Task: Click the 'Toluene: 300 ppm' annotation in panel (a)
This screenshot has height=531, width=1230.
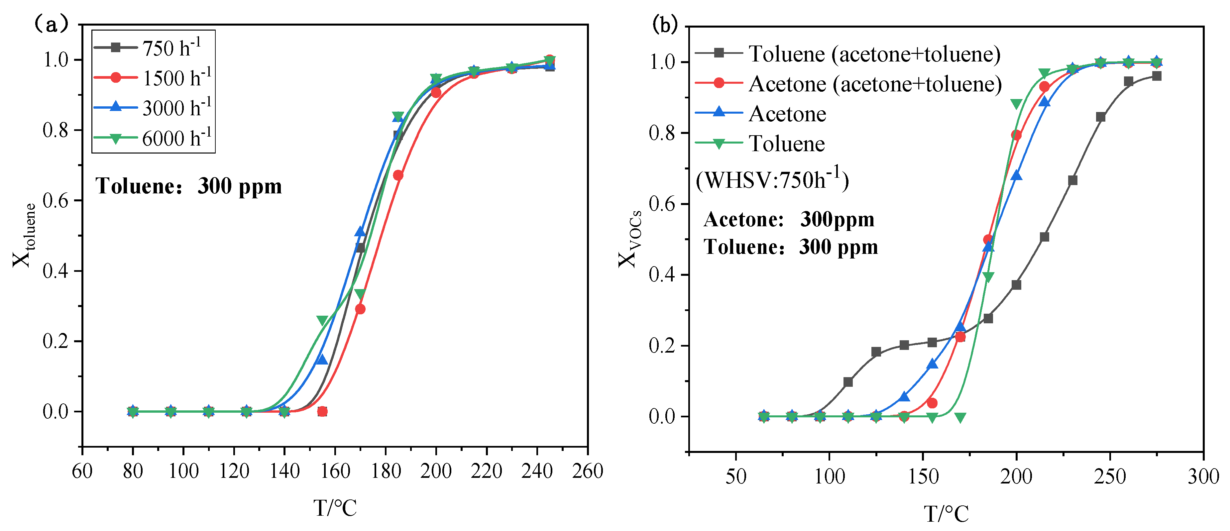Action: click(189, 186)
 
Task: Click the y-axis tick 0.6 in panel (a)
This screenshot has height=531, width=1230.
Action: click(56, 201)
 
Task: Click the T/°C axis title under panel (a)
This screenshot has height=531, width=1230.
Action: click(335, 508)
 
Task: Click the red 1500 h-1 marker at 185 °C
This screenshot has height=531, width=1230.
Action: click(398, 175)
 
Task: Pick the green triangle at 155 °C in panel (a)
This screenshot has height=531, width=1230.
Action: click(322, 320)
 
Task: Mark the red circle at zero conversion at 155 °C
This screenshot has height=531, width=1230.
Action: click(322, 411)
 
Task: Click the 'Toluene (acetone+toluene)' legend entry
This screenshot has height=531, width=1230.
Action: click(847, 53)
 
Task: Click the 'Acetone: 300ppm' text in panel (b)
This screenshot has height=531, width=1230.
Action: click(789, 220)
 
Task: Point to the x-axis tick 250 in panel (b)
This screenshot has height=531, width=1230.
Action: click(1110, 477)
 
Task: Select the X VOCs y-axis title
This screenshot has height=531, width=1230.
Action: click(629, 239)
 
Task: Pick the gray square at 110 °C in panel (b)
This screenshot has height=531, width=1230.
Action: click(848, 382)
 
